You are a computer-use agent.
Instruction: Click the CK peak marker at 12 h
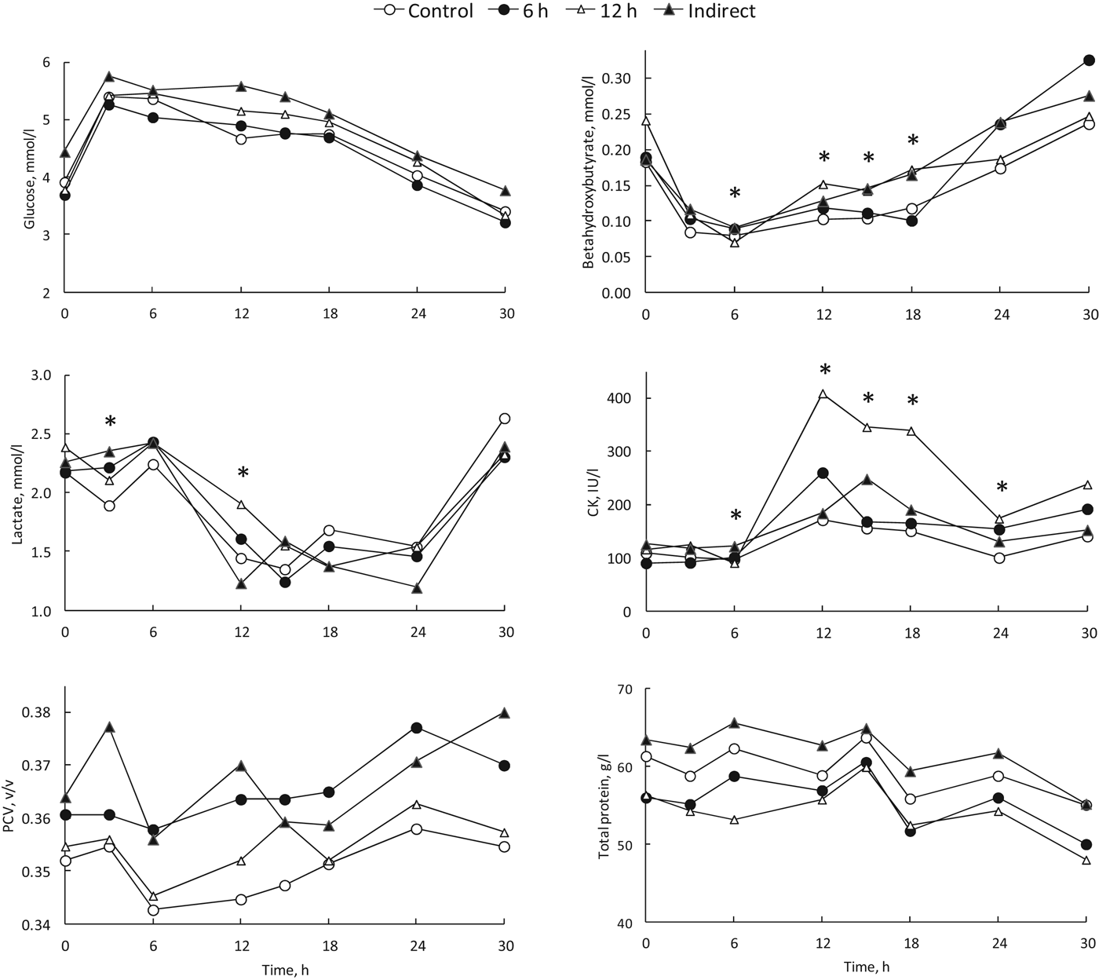(x=823, y=394)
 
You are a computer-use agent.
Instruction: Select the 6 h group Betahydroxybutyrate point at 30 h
(x=1089, y=60)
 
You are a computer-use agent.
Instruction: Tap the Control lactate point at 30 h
(x=505, y=419)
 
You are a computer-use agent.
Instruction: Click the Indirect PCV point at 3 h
(x=110, y=727)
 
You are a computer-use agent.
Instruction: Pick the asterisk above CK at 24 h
(x=1001, y=488)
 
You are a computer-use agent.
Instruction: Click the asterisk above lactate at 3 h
(x=110, y=422)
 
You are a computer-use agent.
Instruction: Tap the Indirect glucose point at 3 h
(x=110, y=77)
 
